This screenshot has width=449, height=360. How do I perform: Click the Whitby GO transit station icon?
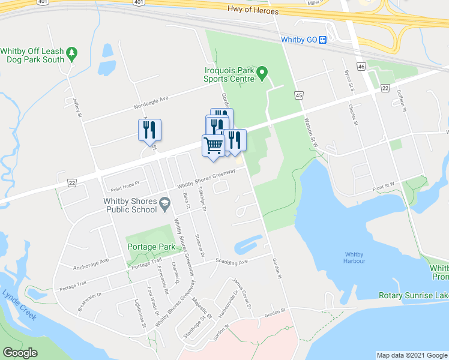coord(322,40)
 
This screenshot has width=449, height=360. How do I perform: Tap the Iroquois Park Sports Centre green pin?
coord(262,74)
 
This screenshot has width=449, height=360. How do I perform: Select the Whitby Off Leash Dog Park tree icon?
coord(72,53)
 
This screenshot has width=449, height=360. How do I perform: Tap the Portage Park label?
coord(151,247)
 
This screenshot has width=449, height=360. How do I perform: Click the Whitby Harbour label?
coord(354,257)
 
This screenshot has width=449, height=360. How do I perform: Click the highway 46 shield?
coord(361,66)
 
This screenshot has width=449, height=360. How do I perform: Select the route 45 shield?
coord(299,95)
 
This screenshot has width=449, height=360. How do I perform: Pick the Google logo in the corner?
coord(20,352)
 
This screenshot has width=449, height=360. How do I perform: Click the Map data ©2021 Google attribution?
coord(411,355)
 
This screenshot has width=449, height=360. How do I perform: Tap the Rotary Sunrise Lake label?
coord(413,295)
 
